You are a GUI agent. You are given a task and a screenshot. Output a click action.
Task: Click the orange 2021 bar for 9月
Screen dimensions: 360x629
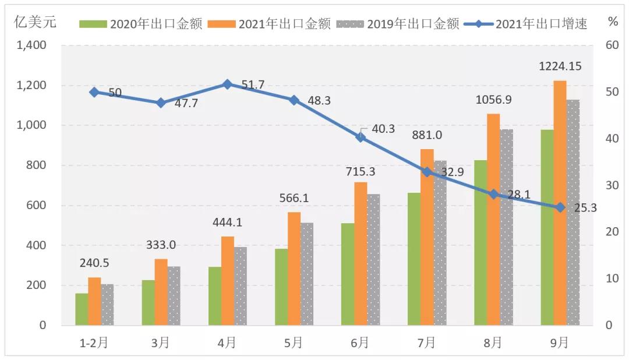560,203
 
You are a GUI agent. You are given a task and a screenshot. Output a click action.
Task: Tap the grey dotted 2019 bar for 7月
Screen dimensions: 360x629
440,243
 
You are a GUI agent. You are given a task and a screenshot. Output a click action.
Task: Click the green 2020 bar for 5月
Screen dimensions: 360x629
281,287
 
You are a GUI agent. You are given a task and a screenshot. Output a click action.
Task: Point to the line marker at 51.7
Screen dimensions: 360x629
228,84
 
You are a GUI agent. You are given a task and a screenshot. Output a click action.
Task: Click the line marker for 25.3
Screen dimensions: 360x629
560,207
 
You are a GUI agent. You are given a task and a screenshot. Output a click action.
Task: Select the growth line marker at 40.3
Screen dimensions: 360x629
361,137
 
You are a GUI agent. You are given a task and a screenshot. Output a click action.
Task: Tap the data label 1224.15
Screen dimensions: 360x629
560,66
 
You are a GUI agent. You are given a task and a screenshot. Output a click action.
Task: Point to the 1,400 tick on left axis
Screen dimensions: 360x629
32,45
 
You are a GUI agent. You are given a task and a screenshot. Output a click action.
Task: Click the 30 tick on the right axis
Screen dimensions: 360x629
612,185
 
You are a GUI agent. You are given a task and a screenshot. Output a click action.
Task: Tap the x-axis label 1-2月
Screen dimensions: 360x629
94,343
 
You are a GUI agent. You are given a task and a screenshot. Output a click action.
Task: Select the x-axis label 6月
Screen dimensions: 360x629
360,343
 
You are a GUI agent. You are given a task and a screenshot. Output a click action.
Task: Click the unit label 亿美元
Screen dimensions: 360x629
36,23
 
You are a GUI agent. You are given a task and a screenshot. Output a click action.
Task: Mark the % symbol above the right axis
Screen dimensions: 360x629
613,22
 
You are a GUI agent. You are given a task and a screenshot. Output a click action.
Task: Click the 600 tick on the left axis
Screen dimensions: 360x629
36,206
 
